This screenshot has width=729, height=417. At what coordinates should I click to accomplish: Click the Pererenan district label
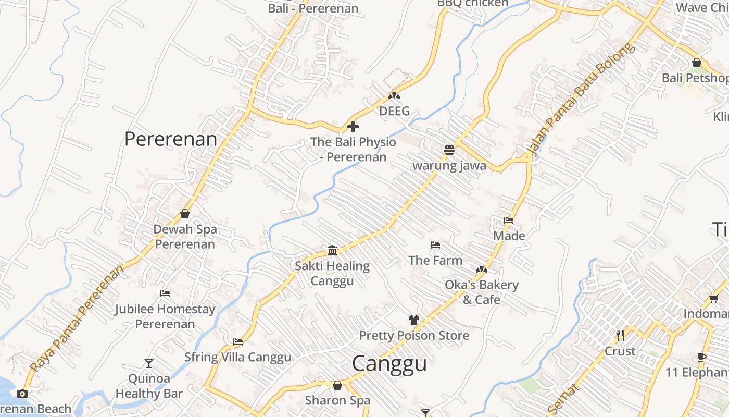pos(171,139)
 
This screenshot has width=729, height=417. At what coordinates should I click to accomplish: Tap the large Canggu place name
pos(389,364)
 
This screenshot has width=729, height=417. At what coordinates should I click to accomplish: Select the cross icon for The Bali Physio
pos(353,127)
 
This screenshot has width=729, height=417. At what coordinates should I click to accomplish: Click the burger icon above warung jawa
pos(449,150)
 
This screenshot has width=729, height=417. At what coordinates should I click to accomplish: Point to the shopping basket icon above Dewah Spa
pos(184,214)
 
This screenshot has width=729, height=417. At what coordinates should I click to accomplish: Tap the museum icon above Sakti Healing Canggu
pos(332,251)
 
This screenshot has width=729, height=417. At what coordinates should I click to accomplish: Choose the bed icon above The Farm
pos(435,245)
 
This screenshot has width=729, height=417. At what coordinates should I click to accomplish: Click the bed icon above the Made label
pos(509,220)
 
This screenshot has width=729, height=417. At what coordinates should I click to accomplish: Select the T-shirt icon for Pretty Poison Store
pos(413,320)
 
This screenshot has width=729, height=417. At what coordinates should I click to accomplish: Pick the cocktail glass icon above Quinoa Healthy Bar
pos(149,363)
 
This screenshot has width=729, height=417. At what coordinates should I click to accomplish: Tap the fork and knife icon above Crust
pos(620,335)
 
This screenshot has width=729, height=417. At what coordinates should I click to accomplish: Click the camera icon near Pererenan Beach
pos(22,394)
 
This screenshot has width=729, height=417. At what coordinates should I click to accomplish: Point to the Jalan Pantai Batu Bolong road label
pos(581,99)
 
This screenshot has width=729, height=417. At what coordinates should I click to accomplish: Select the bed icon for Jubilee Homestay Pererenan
pos(165,293)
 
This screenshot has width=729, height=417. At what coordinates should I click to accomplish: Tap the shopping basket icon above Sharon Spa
pos(337,385)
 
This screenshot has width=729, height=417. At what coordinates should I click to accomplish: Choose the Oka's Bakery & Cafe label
pos(481,292)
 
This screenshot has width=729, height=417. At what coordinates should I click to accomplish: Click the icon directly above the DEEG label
pos(394,96)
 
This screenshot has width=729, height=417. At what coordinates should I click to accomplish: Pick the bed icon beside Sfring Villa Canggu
pos(238,342)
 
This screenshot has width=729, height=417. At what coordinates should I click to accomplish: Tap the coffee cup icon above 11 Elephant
pos(702,357)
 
